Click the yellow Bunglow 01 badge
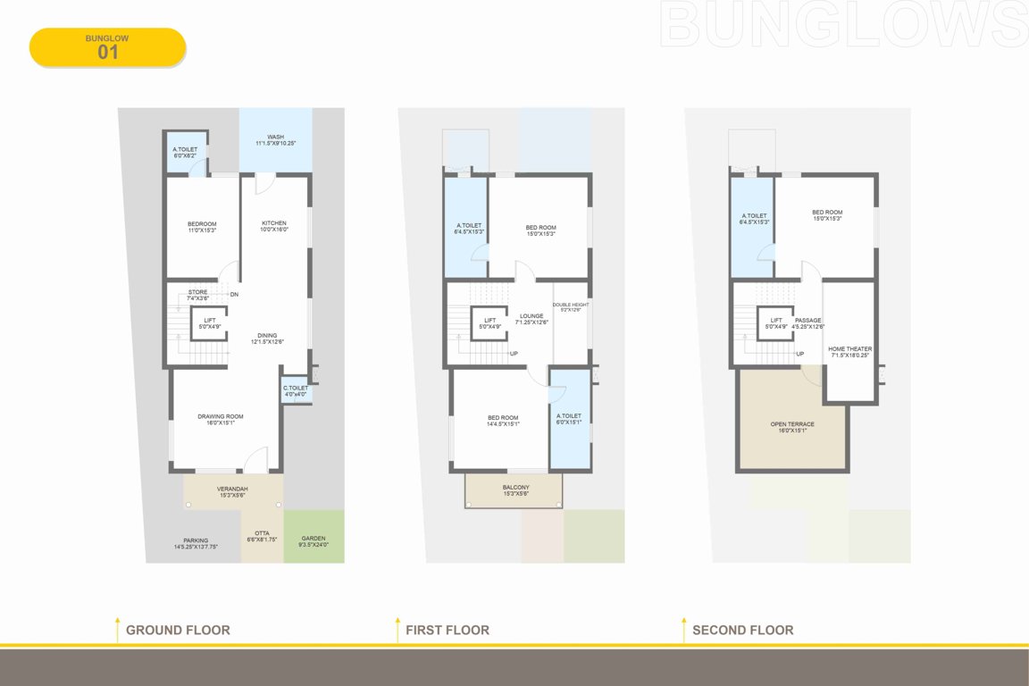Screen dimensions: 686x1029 click(107, 47)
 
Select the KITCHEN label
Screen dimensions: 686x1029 click(274, 223)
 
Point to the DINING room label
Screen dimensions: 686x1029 click(267, 335)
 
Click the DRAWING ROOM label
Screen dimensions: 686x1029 click(221, 416)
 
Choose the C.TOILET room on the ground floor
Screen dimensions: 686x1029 click(296, 390)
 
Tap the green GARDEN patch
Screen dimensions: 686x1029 click(314, 538)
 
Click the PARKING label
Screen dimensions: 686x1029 click(196, 540)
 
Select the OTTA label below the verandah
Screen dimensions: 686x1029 click(262, 533)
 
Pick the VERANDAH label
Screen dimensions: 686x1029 click(233, 489)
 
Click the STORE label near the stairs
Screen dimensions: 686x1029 click(197, 292)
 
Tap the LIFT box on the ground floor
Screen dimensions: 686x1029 click(209, 322)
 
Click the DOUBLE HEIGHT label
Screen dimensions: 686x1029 click(571, 305)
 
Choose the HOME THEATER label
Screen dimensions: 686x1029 click(850, 349)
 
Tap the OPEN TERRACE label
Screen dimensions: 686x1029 click(792, 424)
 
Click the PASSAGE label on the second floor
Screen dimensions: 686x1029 click(807, 321)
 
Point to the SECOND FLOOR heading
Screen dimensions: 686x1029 click(742, 630)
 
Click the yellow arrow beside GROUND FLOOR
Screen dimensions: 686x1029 click(117, 628)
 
